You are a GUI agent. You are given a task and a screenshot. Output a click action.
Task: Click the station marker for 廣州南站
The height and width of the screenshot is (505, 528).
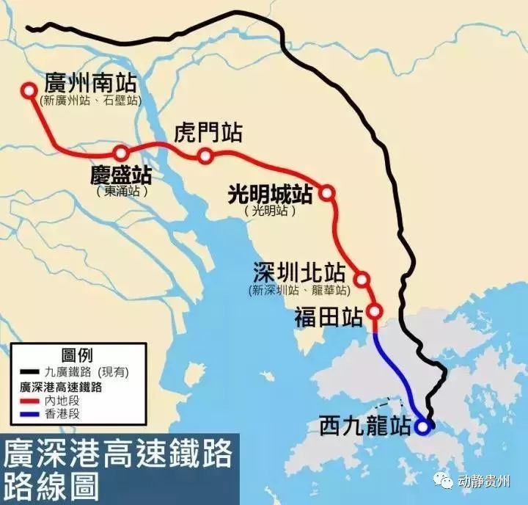[29, 90]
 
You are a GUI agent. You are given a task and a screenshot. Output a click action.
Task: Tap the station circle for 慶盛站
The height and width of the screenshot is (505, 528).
[121, 153]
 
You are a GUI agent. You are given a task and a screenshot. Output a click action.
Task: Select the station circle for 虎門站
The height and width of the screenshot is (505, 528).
[205, 156]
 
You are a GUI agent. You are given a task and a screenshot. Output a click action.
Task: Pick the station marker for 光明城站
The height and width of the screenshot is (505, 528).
[327, 193]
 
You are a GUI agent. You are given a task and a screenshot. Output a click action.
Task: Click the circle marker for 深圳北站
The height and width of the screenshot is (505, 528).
[362, 279]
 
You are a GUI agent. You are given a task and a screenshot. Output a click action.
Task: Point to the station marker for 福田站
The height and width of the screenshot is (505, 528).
[374, 310]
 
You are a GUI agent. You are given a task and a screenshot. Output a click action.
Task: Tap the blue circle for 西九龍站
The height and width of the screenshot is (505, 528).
[422, 425]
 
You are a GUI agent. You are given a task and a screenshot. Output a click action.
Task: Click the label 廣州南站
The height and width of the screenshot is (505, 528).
[92, 81]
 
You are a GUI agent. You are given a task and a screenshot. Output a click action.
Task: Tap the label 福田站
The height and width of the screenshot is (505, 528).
[329, 318]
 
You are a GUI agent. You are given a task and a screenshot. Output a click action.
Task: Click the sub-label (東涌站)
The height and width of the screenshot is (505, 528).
[122, 191]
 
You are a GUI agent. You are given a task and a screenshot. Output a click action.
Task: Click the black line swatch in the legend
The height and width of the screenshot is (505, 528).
[29, 371]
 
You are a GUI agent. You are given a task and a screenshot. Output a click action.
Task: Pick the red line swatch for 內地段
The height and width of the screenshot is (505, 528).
[29, 402]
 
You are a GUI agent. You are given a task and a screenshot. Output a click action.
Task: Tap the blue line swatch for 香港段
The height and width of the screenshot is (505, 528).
[29, 415]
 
